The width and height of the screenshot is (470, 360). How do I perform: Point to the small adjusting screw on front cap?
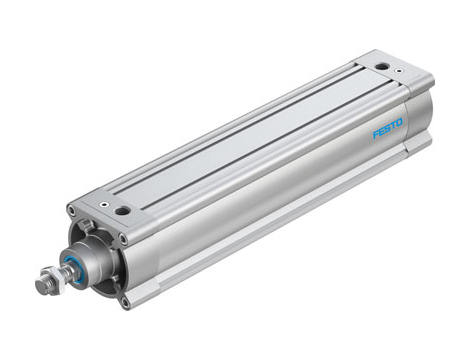pos(105,204)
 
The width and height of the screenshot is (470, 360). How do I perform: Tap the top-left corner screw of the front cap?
pos(71,210)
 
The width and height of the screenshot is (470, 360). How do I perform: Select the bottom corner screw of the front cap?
pos(125,298)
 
